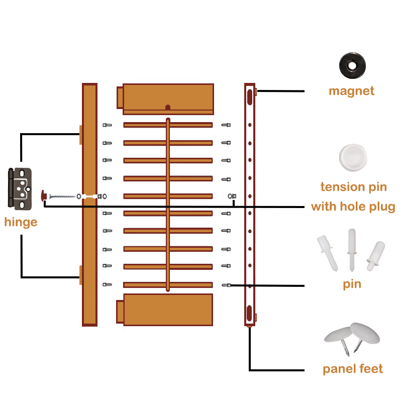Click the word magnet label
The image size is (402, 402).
[352, 91]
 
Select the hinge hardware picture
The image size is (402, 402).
[20, 188]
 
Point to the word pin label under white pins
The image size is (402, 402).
[352, 284]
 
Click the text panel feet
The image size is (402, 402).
[353, 369]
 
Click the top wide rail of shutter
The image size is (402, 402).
[168, 98]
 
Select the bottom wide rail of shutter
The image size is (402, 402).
[168, 310]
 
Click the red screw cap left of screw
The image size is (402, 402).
[44, 195]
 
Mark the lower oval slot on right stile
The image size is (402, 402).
[250, 313]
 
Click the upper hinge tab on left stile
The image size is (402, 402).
[80, 134]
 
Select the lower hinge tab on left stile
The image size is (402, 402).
[80, 275]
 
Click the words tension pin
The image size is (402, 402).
[354, 187]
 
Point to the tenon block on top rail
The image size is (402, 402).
[120, 97]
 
